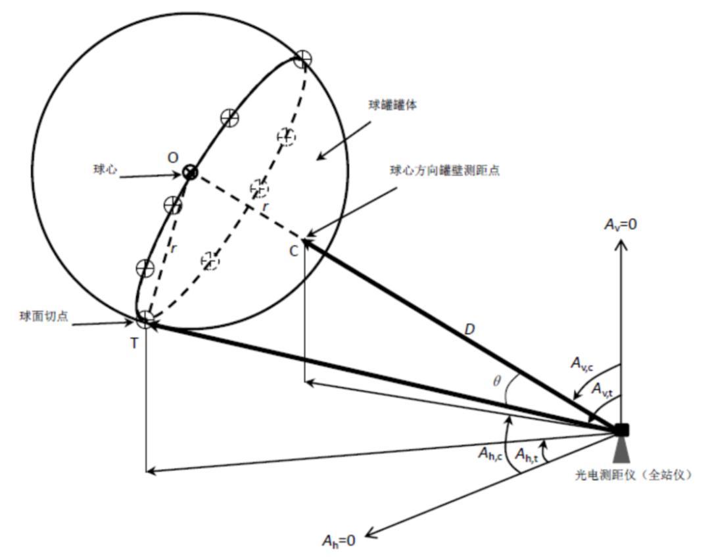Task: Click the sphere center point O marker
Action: [191, 173]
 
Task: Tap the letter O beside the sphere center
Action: [173, 158]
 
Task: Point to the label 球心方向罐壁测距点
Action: [444, 170]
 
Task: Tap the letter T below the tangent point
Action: [134, 343]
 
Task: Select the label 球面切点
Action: [42, 315]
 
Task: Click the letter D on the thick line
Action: [469, 330]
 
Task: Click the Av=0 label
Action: [621, 225]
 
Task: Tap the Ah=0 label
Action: [339, 541]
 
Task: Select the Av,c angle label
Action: [584, 363]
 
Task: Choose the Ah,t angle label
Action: [526, 453]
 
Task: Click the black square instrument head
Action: [621, 430]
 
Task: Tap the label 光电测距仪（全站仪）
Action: [634, 474]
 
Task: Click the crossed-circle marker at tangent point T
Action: [146, 320]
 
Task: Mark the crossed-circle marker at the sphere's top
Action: [302, 59]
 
